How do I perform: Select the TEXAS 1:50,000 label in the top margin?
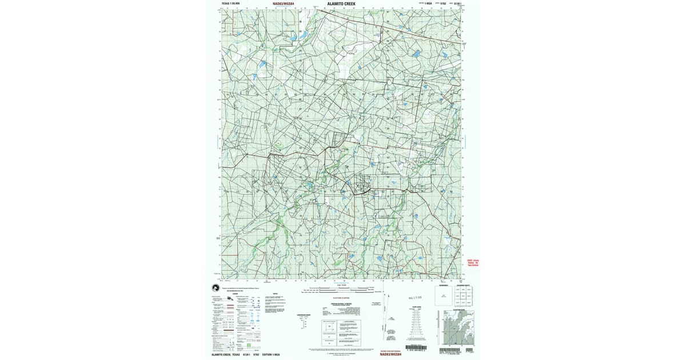(x=230, y=3)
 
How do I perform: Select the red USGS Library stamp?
(x=473, y=262)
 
